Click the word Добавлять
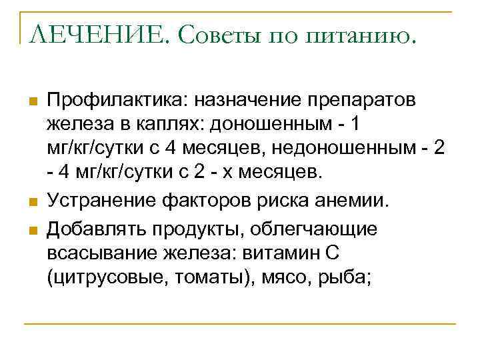(x=99, y=229)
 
